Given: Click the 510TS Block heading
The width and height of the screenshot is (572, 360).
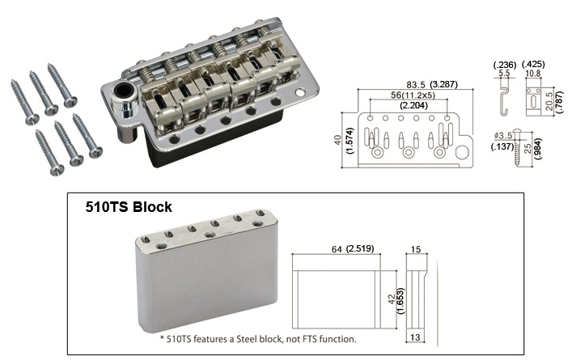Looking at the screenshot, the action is (129, 207).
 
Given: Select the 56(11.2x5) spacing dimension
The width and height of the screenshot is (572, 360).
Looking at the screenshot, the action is (413, 95).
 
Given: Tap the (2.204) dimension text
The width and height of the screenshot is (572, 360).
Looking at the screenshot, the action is (413, 105).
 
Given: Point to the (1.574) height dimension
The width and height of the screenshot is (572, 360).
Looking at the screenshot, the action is (350, 141).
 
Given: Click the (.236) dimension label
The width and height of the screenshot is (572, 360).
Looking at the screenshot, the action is (505, 65).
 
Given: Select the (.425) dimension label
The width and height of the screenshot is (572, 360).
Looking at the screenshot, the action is (533, 64).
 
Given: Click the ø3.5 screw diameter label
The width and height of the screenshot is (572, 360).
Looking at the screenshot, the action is (503, 136).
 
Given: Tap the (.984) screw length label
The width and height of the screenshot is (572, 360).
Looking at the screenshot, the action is (538, 149).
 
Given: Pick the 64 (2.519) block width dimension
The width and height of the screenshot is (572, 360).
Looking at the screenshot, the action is (353, 248).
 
